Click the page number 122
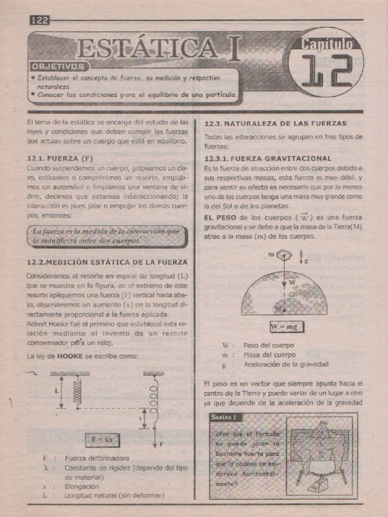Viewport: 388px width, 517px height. [x=39, y=20]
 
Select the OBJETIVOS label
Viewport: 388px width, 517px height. [x=58, y=66]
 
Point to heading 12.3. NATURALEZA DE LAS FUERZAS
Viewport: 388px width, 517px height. [x=275, y=123]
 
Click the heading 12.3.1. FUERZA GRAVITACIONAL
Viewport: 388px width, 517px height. [x=268, y=158]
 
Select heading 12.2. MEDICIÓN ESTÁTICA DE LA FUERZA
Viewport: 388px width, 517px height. [x=107, y=262]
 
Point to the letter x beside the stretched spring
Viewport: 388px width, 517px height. [x=140, y=419]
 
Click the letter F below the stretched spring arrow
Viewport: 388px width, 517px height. [x=162, y=445]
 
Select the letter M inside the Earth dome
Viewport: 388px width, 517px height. [x=277, y=308]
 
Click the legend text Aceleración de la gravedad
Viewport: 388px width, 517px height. [x=286, y=364]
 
